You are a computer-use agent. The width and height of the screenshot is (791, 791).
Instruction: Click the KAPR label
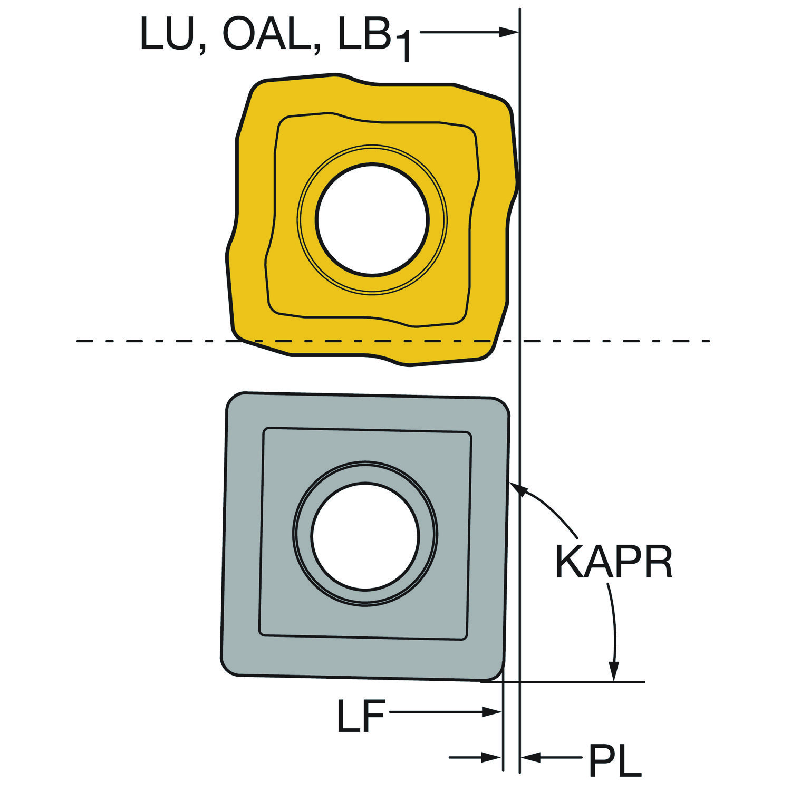click(614, 562)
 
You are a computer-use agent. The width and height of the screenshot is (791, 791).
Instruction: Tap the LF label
click(361, 716)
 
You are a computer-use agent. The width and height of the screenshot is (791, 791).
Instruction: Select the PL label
click(615, 760)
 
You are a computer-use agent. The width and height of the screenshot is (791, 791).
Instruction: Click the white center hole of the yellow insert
click(372, 219)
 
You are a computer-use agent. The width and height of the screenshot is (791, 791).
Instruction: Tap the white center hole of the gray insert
click(365, 536)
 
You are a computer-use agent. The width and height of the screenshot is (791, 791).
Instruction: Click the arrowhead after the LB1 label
click(509, 32)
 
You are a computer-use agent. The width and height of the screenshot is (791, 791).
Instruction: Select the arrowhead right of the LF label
click(491, 712)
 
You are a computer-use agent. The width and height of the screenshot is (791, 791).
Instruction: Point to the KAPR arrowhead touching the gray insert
click(518, 488)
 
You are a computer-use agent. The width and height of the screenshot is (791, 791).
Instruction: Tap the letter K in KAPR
click(568, 562)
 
